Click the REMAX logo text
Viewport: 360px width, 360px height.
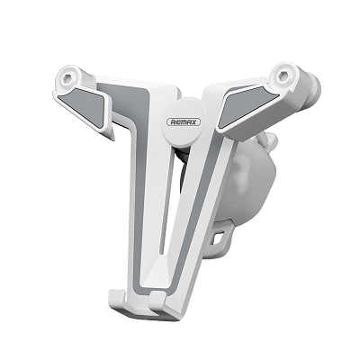184,122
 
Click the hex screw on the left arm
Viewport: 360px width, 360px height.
67,78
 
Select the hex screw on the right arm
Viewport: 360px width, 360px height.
283,76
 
